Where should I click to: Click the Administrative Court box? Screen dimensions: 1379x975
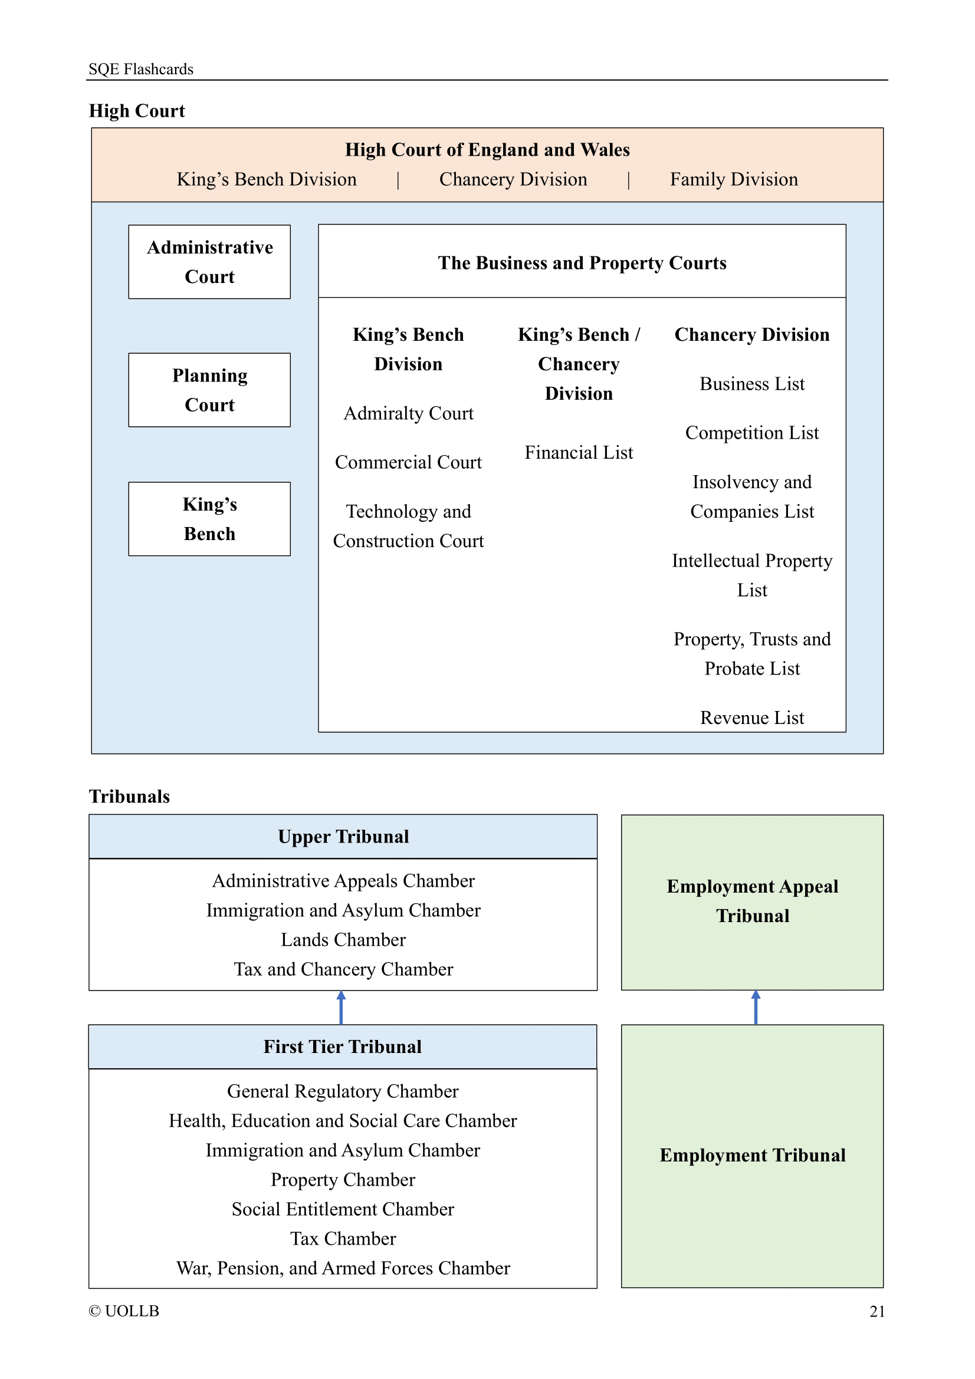point(209,262)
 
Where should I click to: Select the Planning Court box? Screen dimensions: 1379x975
point(209,390)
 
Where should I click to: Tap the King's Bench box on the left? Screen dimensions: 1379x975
point(209,518)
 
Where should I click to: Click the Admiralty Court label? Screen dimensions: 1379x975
point(408,413)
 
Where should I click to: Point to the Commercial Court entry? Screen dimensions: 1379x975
point(408,462)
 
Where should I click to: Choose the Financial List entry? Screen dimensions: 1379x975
point(579,452)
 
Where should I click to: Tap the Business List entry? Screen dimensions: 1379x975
point(751,384)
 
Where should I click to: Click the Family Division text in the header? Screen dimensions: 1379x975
point(734,179)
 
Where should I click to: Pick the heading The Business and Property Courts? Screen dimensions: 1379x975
point(582,262)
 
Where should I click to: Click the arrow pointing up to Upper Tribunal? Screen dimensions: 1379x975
point(341,1007)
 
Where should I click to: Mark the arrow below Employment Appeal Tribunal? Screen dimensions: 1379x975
point(755,1007)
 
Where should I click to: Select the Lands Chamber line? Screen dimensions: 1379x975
point(343,939)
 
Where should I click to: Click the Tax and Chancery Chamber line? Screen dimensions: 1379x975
point(343,969)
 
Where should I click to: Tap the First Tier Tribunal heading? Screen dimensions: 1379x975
point(343,1046)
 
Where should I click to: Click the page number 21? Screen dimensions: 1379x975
point(876,1311)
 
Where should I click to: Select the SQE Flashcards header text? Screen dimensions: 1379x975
point(140,69)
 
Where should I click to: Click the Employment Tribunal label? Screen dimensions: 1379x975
point(752,1155)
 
